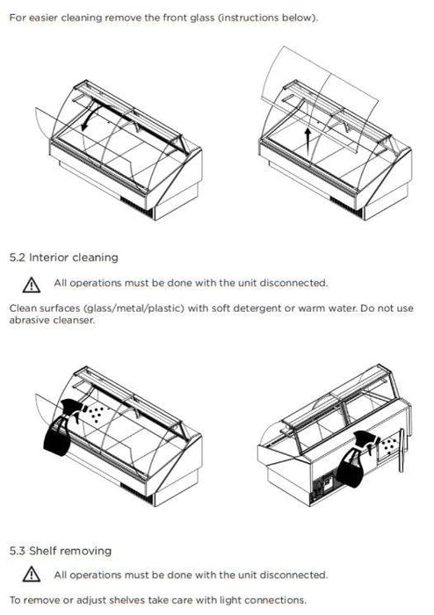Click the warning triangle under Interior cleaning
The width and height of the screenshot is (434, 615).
click(32, 286)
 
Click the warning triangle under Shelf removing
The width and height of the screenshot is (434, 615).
click(32, 575)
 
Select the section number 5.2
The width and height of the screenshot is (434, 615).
click(18, 257)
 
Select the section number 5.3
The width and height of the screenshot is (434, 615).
click(18, 551)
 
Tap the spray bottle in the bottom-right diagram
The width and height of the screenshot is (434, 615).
click(355, 458)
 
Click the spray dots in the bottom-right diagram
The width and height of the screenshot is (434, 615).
click(389, 445)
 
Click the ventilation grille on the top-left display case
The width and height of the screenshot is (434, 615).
click(135, 207)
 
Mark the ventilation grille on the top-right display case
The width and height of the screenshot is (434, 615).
click(345, 206)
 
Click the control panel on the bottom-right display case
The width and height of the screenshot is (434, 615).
click(324, 488)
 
